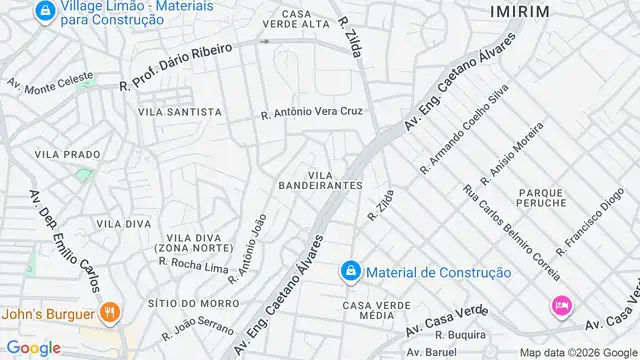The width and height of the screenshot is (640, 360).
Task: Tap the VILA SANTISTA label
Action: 180,112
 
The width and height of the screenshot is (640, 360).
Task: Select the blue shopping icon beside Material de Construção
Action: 350,271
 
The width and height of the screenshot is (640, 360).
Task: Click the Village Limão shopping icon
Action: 44,12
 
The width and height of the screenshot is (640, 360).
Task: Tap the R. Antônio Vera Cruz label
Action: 311,113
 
